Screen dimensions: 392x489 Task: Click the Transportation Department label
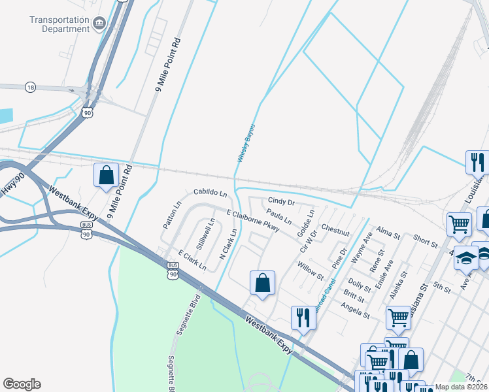click(59, 24)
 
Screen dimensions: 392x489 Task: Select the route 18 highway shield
click(30, 87)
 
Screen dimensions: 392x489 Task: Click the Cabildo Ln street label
click(210, 193)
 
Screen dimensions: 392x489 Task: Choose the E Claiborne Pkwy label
click(253, 221)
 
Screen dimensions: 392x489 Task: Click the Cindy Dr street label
click(282, 202)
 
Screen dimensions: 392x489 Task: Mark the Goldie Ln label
click(305, 223)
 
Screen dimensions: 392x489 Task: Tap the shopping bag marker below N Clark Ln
click(262, 283)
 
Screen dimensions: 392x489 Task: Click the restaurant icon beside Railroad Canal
click(303, 318)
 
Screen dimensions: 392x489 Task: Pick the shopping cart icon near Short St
click(459, 224)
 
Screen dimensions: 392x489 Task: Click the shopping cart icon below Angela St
click(398, 318)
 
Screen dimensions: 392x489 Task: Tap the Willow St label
click(311, 267)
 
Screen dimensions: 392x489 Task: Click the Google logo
click(22, 384)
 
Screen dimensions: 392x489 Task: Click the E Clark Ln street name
click(192, 261)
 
